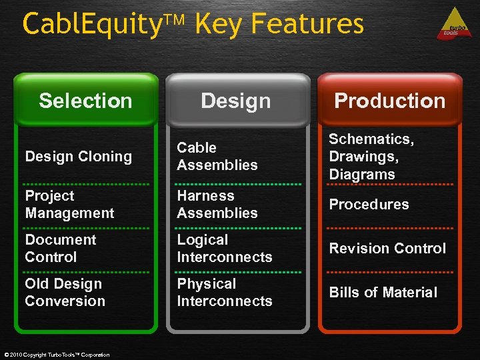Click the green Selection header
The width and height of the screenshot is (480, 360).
[85, 101]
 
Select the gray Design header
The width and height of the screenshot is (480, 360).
[236, 101]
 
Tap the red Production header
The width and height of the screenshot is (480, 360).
[389, 101]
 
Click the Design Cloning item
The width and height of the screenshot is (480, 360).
[78, 157]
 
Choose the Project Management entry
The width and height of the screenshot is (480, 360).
[69, 205]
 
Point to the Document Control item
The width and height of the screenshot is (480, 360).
[61, 248]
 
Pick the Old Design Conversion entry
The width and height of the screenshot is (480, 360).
[65, 292]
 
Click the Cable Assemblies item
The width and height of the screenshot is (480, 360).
[217, 156]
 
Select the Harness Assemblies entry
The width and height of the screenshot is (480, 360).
[217, 205]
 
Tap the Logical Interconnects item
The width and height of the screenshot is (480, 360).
[224, 248]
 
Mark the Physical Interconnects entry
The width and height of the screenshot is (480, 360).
[224, 292]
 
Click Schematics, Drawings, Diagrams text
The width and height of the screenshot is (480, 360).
[371, 157]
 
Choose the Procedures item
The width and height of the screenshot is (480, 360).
[369, 205]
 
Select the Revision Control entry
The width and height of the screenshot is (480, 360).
[387, 248]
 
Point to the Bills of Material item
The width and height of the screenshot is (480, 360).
[383, 292]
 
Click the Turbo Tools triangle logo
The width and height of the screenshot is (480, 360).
[454, 25]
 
